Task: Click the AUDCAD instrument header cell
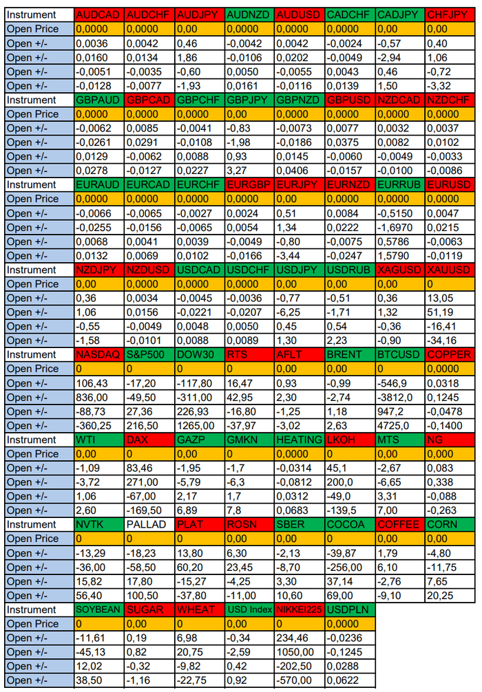(98, 14)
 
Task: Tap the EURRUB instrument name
(399, 184)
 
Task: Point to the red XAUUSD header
(449, 270)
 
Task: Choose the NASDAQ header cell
(98, 355)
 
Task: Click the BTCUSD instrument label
(399, 355)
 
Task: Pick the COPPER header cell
(449, 355)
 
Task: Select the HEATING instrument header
(299, 440)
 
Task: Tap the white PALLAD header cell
(149, 525)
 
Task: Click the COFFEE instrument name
(399, 525)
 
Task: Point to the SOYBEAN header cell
(98, 610)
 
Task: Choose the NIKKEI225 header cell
(299, 610)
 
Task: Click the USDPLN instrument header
(349, 610)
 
